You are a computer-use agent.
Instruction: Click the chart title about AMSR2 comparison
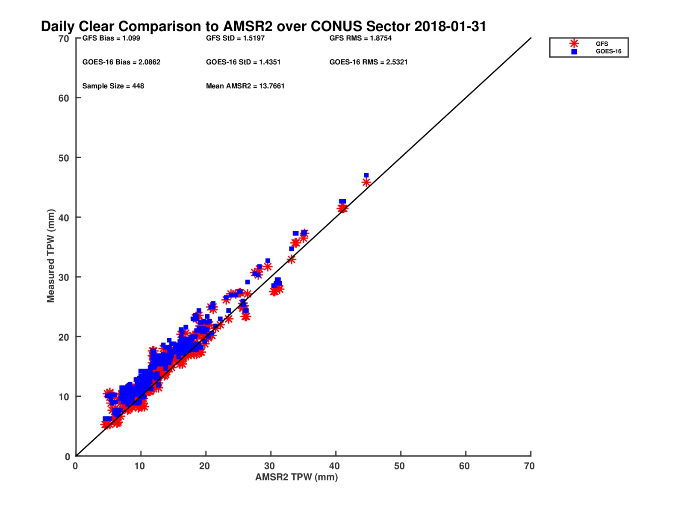(x=263, y=27)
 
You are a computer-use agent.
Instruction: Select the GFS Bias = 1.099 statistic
(x=111, y=38)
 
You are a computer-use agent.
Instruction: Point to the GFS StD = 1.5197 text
(x=235, y=38)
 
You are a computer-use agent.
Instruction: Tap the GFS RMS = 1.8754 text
(x=360, y=38)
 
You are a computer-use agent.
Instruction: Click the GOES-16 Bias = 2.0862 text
(x=121, y=62)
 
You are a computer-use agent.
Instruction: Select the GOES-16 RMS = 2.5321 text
(x=369, y=62)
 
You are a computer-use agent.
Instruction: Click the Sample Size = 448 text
(x=113, y=86)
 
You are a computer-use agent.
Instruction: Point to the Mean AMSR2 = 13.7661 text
(x=245, y=86)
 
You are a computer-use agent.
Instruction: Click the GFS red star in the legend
(x=574, y=44)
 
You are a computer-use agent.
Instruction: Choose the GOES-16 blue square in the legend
(x=574, y=52)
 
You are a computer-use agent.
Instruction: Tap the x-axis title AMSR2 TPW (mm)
(x=297, y=477)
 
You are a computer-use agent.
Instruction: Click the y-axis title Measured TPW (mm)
(x=51, y=256)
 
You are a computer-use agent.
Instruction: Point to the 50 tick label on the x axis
(x=399, y=466)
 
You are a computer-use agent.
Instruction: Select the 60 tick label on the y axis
(x=64, y=98)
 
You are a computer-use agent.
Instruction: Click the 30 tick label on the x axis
(x=269, y=466)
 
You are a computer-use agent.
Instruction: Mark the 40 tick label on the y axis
(x=64, y=218)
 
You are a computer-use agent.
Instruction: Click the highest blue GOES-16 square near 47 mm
(x=366, y=175)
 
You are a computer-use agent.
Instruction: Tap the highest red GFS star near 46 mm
(x=366, y=183)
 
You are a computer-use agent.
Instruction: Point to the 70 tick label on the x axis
(x=529, y=466)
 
